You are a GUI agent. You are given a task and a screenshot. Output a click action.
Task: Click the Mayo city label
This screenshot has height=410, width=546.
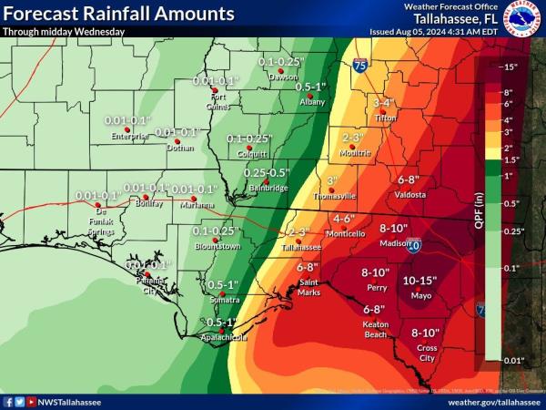(420, 295)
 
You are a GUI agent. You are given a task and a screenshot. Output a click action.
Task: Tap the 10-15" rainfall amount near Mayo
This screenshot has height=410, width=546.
(420, 281)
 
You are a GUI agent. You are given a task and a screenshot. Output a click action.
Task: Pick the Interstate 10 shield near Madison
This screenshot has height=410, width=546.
(413, 245)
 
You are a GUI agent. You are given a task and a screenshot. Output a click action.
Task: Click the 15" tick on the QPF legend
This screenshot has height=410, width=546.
(511, 67)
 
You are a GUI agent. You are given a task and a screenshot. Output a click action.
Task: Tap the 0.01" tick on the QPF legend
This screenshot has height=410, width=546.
(512, 362)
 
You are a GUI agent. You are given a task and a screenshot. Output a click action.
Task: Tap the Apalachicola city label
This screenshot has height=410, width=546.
(223, 336)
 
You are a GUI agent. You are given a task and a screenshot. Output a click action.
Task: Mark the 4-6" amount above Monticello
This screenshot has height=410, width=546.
(344, 219)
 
